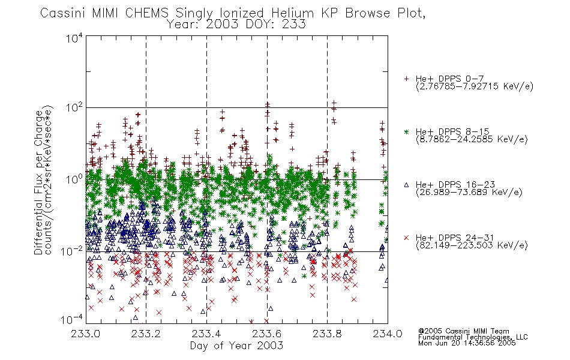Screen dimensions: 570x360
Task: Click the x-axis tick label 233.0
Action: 85,334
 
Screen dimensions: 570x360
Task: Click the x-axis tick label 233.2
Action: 146,334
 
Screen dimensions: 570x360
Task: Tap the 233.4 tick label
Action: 206,334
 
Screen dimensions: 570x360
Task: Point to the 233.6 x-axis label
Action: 267,334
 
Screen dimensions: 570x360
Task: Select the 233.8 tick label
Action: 327,334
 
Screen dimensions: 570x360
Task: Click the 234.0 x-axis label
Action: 388,334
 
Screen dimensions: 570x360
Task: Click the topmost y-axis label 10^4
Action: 74,38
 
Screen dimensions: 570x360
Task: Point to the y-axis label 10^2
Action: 74,108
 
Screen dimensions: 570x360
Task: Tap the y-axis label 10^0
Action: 74,180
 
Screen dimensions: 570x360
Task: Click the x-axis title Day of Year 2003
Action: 236,346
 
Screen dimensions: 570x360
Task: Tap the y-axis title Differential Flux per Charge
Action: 38,182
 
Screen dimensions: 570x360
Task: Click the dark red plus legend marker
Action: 406,79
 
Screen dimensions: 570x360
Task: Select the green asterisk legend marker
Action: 406,132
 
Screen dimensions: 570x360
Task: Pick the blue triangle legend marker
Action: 406,185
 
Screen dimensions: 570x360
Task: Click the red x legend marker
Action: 406,238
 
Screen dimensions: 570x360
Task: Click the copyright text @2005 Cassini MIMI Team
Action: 463,331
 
